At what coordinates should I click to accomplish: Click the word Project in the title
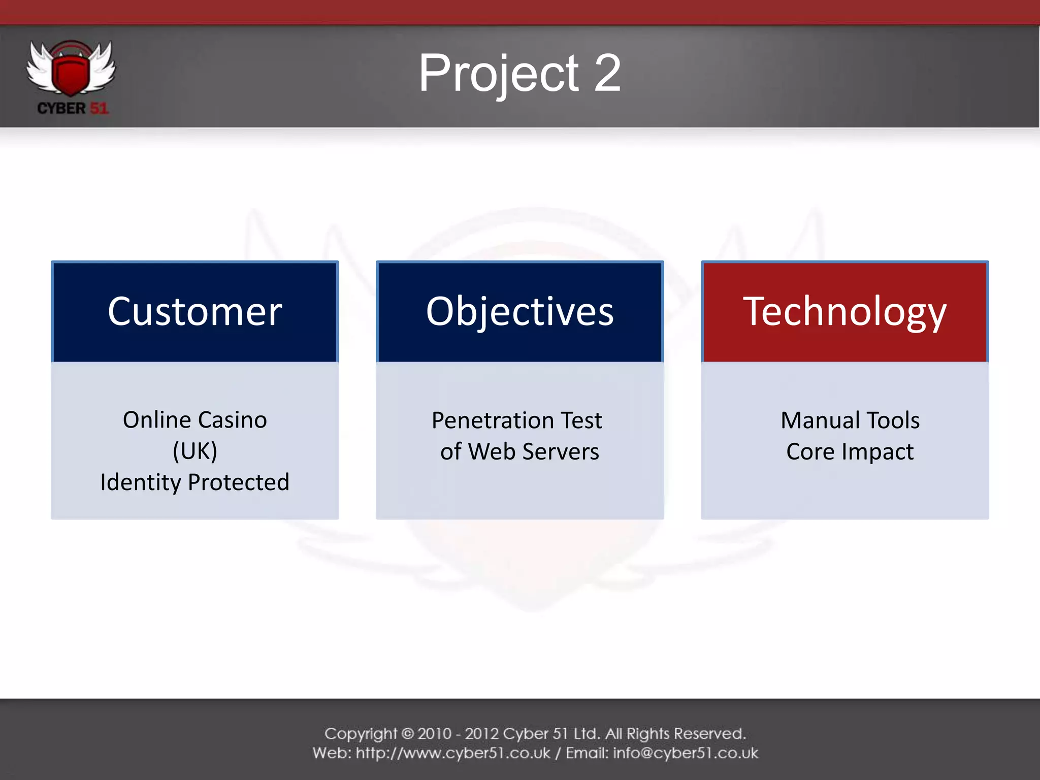[498, 74]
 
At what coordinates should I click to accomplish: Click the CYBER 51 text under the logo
[73, 109]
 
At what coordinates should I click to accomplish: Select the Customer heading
[194, 311]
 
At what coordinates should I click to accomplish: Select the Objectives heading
[519, 311]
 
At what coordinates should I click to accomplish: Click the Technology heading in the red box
[844, 311]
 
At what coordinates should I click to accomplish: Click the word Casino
[232, 420]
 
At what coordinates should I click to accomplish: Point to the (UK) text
[195, 451]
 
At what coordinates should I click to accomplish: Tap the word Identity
[140, 482]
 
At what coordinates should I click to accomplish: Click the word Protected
[239, 482]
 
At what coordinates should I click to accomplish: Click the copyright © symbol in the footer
[408, 734]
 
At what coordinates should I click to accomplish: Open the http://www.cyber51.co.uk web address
[453, 753]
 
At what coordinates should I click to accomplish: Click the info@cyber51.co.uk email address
[686, 753]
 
